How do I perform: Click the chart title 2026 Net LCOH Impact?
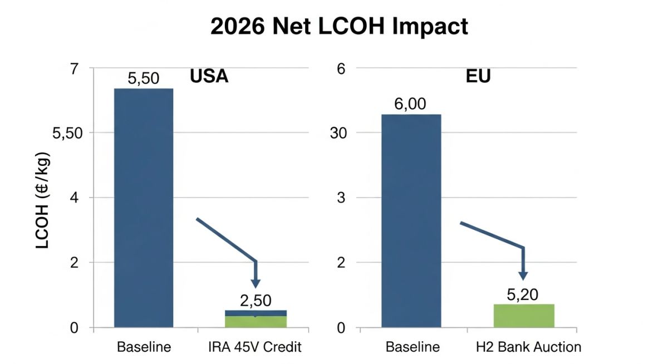coord(339,27)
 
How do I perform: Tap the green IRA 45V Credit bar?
coord(256,321)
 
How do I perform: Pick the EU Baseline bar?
coord(411,220)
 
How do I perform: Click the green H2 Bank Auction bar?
coord(524,316)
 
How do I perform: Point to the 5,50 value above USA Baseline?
coord(144,78)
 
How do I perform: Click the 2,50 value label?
coord(256,301)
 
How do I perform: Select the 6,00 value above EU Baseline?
coord(411,105)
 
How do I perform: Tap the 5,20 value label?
coord(523,294)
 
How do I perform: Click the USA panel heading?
coord(209,76)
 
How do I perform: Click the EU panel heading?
coord(478,76)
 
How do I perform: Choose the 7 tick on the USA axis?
coord(74,68)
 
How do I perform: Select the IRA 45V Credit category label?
coord(256,347)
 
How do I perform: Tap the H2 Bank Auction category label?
coord(529,347)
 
